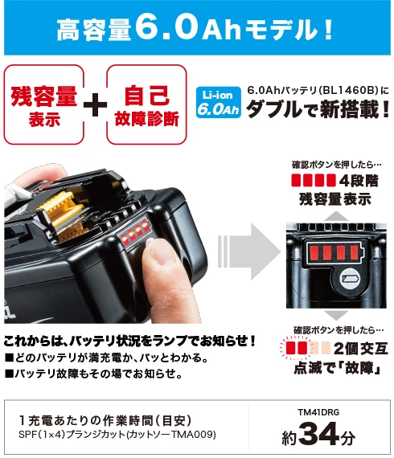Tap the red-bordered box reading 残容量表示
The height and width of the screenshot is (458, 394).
[44, 104]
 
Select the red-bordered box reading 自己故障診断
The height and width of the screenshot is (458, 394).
[146, 104]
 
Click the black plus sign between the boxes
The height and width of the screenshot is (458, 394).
[96, 105]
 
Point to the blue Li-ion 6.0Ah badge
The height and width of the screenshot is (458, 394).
[219, 103]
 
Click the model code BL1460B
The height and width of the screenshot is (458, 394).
[348, 90]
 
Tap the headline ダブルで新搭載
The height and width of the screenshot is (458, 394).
[318, 109]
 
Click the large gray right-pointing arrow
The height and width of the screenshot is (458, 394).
[249, 251]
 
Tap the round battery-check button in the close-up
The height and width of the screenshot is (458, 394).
[351, 278]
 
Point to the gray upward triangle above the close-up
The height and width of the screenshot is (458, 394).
[336, 216]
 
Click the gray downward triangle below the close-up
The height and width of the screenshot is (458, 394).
[336, 315]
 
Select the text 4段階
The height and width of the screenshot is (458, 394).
[359, 181]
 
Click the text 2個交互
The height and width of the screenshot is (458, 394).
[361, 349]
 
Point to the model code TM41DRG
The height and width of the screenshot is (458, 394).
[318, 412]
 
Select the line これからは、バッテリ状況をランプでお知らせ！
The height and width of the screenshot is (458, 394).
[129, 341]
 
